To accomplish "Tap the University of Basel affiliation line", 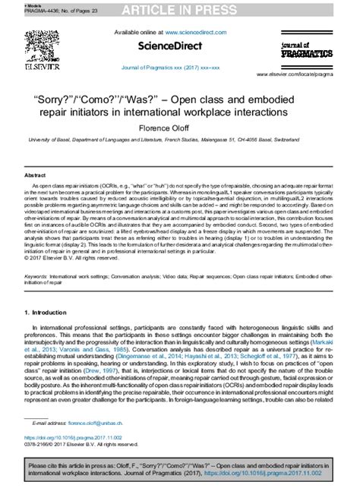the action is [x=179, y=141].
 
